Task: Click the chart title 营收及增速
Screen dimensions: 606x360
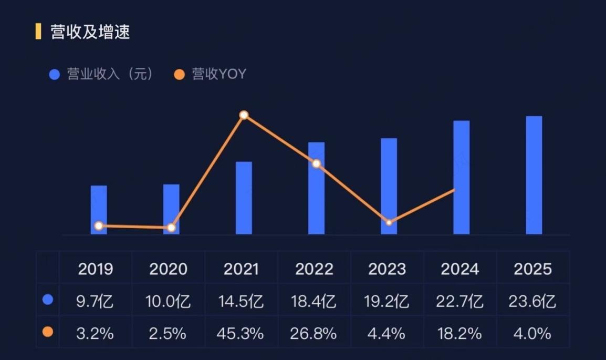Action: (x=90, y=32)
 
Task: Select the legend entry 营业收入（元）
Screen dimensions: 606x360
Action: (x=102, y=74)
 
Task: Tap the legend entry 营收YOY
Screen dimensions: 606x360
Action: (x=210, y=74)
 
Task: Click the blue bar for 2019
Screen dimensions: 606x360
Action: (x=99, y=210)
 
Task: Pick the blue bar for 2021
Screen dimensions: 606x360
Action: (x=244, y=198)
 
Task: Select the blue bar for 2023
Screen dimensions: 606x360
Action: (x=389, y=186)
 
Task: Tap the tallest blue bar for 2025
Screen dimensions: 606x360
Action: (x=534, y=175)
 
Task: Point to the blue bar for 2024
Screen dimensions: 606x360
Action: (x=462, y=178)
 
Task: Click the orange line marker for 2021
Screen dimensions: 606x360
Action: (x=244, y=115)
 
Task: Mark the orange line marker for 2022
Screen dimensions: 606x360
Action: (x=317, y=163)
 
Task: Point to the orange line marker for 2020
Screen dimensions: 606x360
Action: (x=171, y=228)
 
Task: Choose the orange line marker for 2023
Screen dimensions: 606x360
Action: (x=389, y=222)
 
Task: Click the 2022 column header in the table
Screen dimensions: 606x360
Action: (x=314, y=269)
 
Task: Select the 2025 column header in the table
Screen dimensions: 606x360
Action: (x=532, y=269)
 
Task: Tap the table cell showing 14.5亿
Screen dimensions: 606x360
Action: (x=241, y=301)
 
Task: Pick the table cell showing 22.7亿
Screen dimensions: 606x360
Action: (x=459, y=301)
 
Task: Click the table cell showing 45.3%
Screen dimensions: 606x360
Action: (x=241, y=333)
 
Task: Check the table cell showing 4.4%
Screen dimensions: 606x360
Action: (x=386, y=333)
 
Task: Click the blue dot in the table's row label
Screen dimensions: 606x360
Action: (x=48, y=300)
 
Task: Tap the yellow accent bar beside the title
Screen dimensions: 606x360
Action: (x=38, y=32)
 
